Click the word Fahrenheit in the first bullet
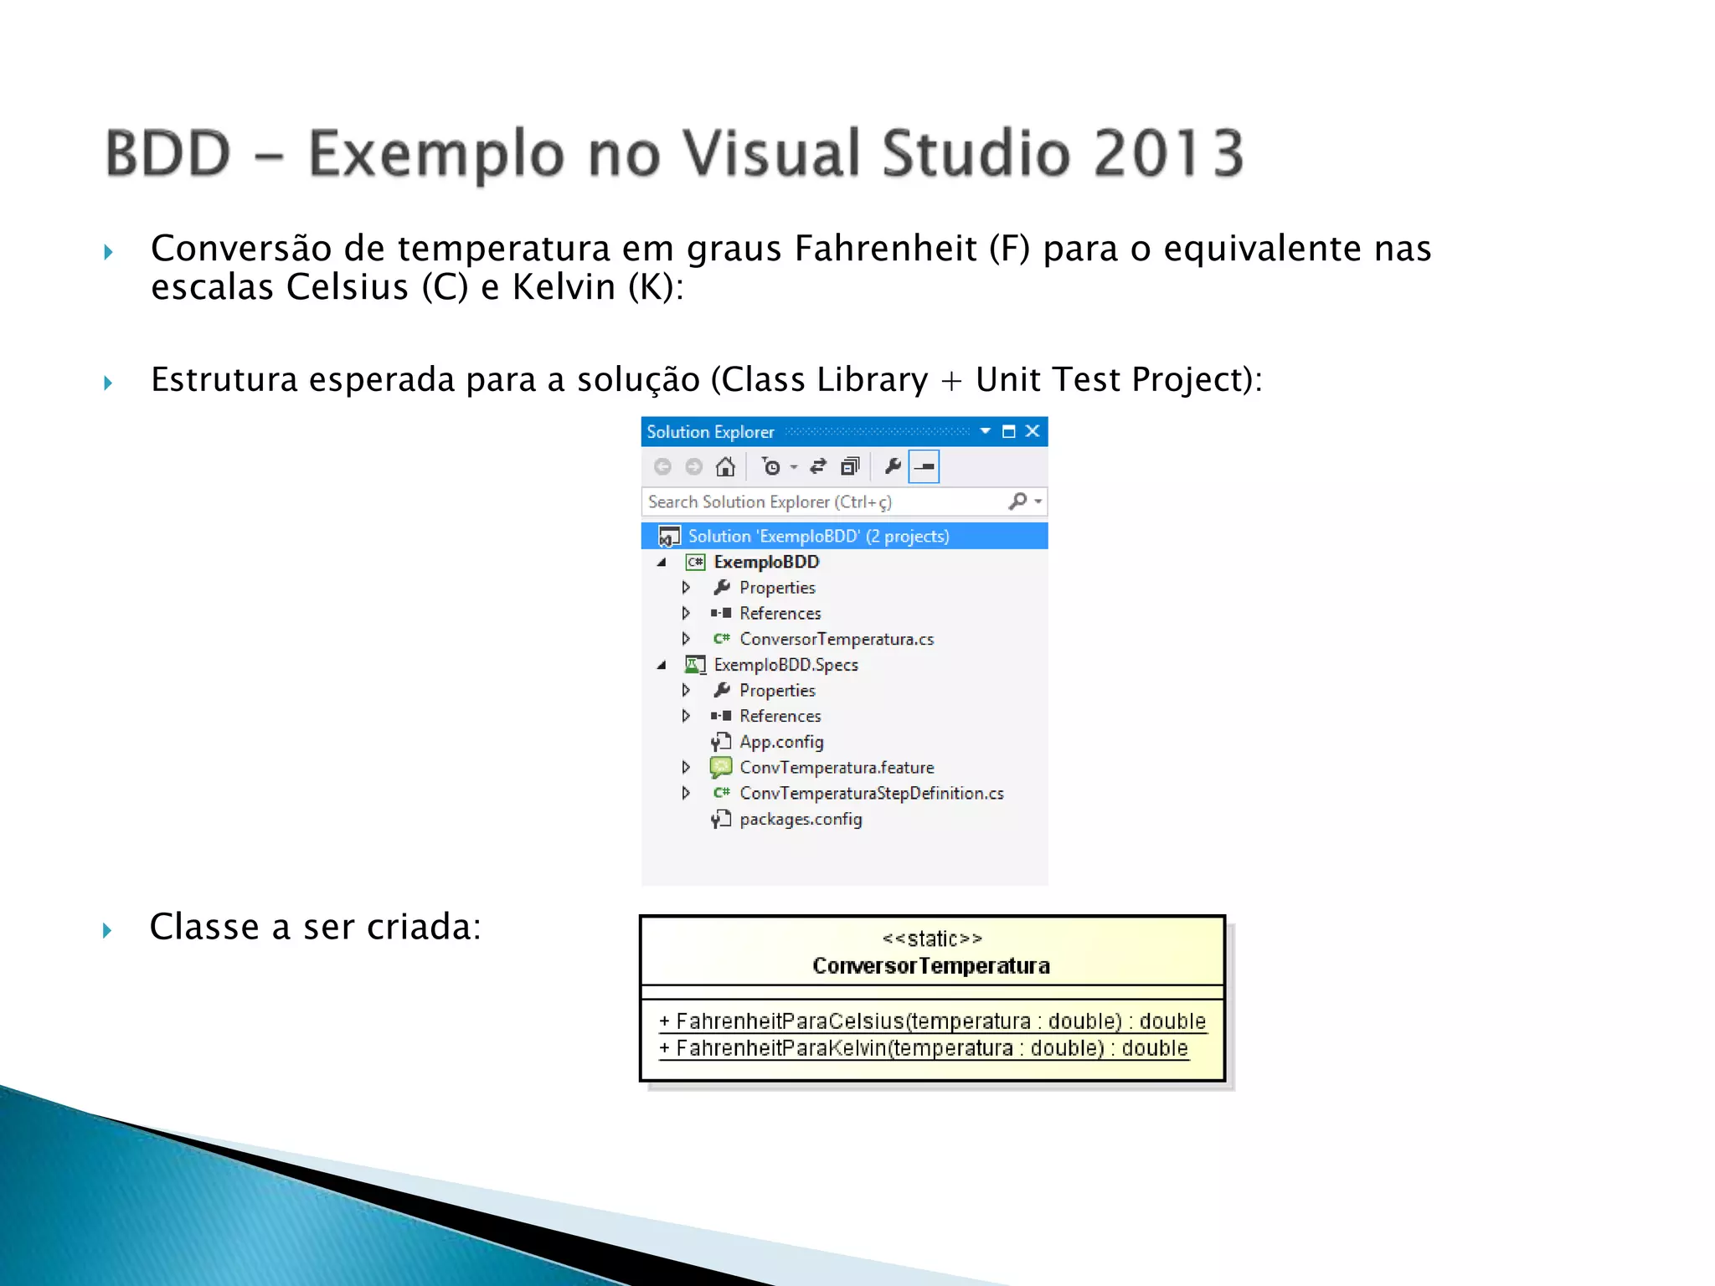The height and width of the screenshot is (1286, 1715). point(885,249)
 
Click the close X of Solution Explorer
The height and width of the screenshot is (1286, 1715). point(1033,431)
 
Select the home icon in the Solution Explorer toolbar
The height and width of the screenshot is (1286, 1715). point(725,466)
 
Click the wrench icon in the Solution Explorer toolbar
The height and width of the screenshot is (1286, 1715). point(892,466)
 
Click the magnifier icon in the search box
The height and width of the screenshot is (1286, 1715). point(1017,502)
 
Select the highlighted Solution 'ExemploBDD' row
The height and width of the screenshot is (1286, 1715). point(817,536)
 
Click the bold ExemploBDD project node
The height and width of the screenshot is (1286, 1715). point(765,562)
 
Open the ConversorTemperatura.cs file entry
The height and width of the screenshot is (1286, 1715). point(836,639)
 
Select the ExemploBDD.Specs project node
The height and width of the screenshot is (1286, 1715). point(785,665)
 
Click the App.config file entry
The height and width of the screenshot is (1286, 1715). point(780,742)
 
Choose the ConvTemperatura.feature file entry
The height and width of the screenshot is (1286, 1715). point(836,768)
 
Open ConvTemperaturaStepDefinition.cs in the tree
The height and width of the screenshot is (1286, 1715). point(871,793)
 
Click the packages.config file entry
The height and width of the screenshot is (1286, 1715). point(800,819)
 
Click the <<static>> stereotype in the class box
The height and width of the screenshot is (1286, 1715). point(931,939)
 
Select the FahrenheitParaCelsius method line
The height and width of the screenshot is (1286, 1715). point(931,1021)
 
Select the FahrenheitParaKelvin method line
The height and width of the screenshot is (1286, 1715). point(923,1048)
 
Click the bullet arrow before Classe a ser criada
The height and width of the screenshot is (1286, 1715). point(107,930)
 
